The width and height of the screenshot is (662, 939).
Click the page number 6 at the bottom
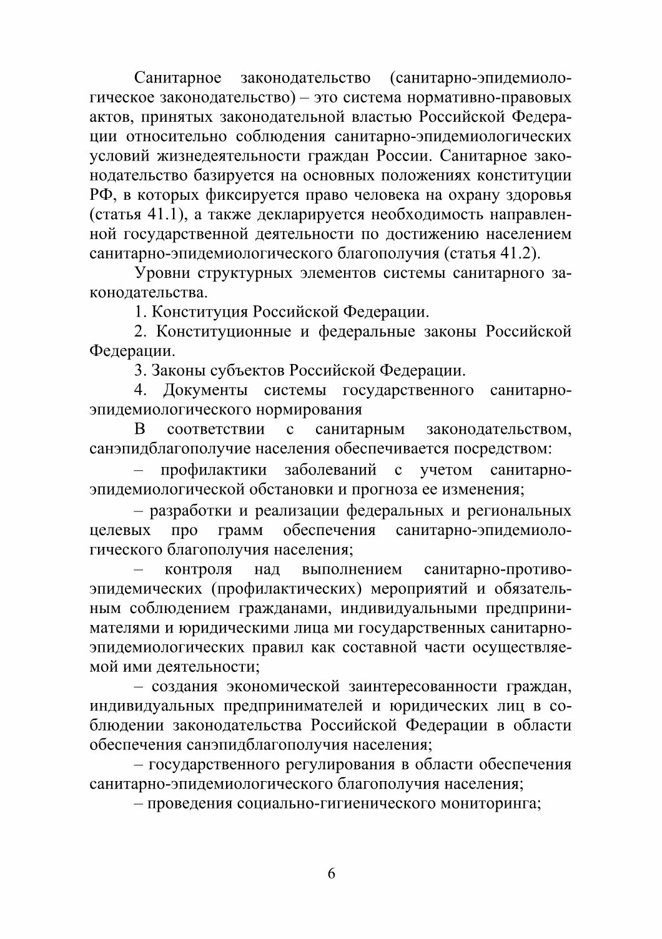click(x=331, y=873)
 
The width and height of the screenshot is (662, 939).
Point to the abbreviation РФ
click(x=99, y=195)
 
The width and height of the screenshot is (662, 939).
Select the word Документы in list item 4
click(x=205, y=391)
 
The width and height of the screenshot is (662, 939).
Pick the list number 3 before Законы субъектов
click(x=139, y=371)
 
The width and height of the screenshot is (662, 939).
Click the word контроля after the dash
click(x=198, y=569)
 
